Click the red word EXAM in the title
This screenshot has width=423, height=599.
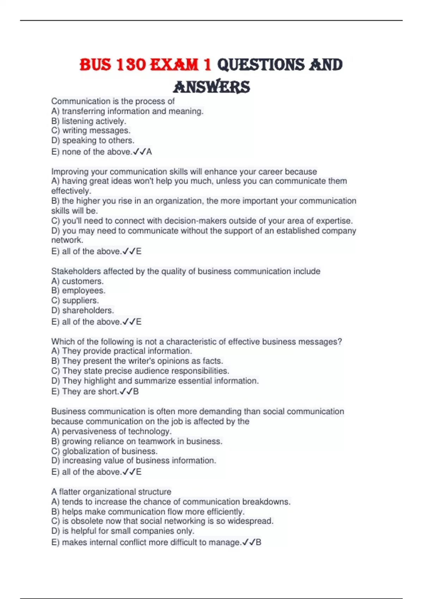pos(174,65)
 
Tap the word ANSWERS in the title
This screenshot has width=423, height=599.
pos(212,87)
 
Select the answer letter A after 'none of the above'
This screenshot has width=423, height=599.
pos(149,152)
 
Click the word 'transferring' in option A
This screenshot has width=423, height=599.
pos(83,111)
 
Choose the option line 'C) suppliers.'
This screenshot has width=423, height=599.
pos(75,301)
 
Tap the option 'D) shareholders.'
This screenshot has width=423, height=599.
pos(82,310)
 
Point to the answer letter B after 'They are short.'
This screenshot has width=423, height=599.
pos(136,391)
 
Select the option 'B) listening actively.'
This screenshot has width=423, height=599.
pos(88,121)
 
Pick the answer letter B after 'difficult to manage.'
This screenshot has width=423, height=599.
pos(259,542)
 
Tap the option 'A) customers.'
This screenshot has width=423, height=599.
pos(77,281)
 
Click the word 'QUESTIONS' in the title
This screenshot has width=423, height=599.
pos(260,65)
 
